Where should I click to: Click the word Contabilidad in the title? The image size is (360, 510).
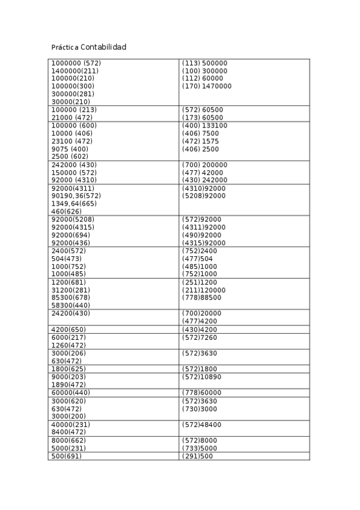tap(103, 47)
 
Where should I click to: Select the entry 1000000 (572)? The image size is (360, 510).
tap(76, 63)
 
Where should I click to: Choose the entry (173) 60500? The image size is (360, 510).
tap(202, 118)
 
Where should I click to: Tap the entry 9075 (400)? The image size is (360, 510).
tap(70, 149)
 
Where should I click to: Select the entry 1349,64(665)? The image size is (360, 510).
tap(74, 204)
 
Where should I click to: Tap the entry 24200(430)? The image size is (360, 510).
tap(70, 313)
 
